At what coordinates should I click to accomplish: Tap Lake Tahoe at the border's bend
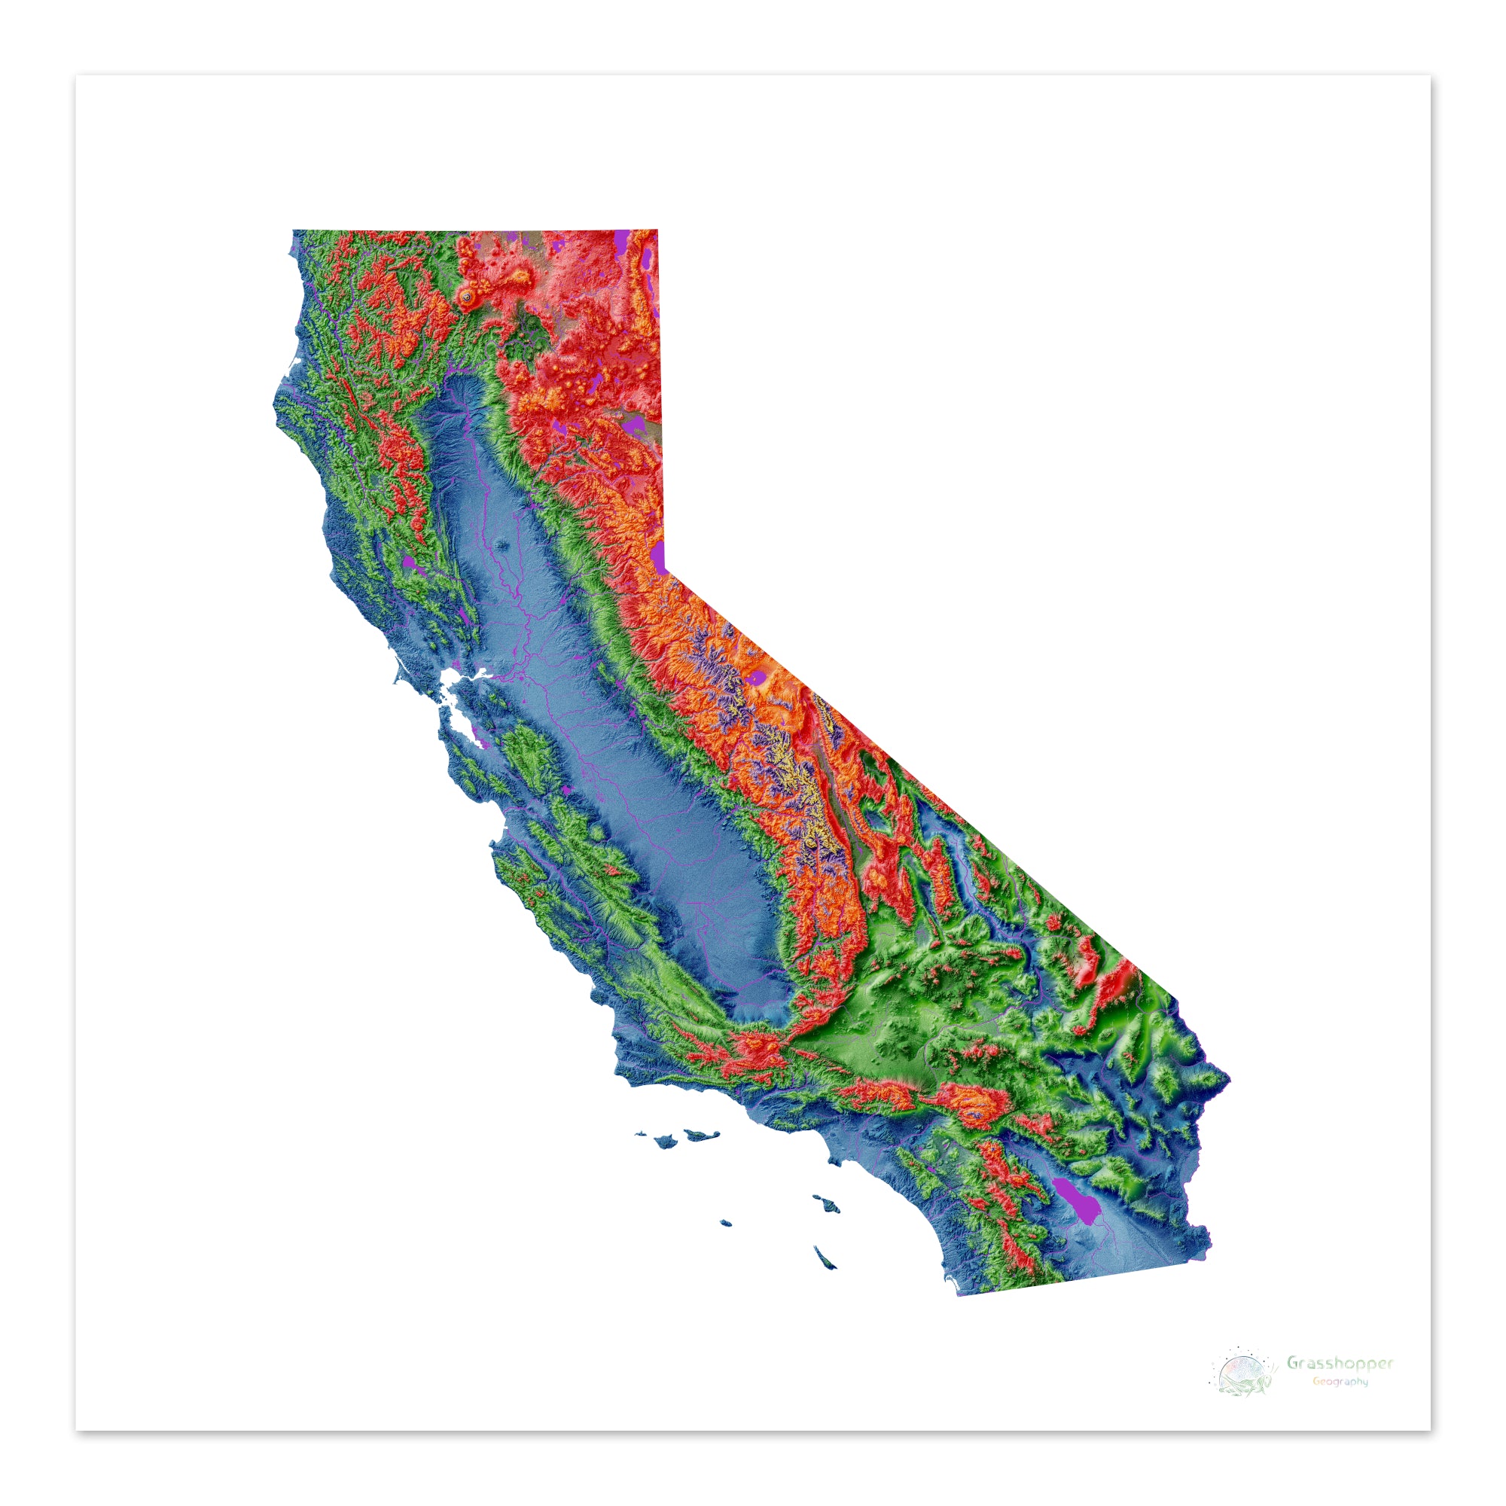click(x=660, y=556)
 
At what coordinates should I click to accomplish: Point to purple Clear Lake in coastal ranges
click(x=411, y=562)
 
